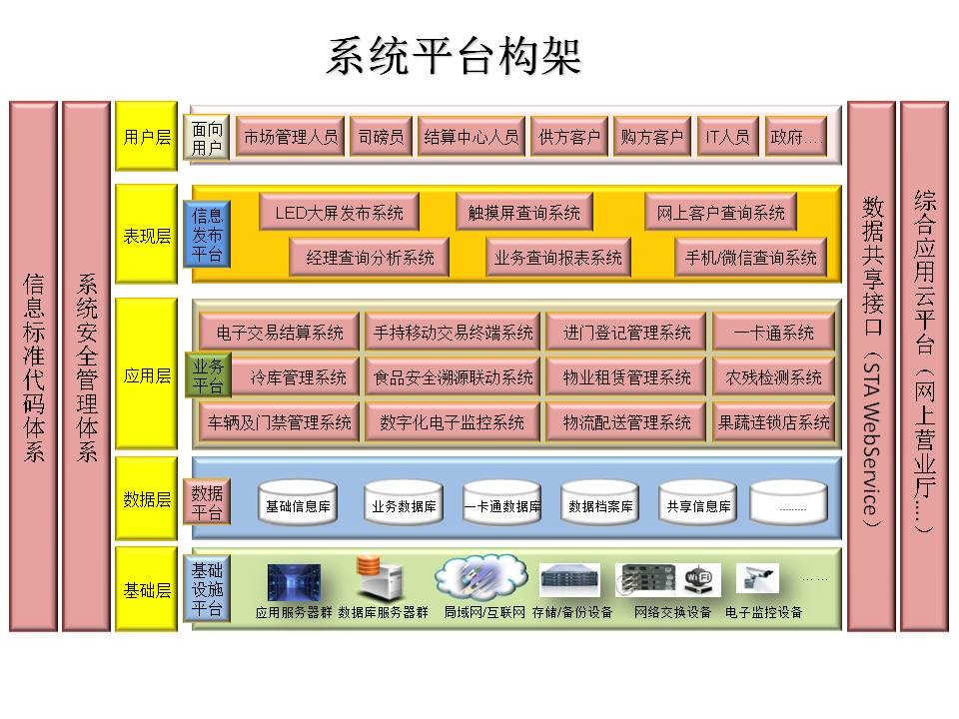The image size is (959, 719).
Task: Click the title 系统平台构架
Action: (x=453, y=57)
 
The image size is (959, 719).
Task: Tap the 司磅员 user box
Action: (x=382, y=137)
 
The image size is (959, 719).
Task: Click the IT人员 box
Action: (x=726, y=137)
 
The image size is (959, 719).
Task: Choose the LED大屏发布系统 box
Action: (x=339, y=212)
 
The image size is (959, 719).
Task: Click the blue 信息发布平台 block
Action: (x=207, y=235)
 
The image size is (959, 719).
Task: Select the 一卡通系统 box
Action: (x=773, y=333)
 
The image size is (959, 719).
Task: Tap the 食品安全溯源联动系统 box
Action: (x=453, y=377)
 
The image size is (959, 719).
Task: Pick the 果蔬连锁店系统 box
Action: (x=773, y=422)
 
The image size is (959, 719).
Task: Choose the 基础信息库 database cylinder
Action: (x=297, y=505)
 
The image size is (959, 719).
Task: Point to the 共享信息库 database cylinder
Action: (x=698, y=505)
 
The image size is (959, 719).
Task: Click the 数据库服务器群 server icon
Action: (x=381, y=579)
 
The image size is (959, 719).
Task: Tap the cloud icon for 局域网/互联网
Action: (x=480, y=576)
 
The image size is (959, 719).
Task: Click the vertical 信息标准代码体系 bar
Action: (x=33, y=366)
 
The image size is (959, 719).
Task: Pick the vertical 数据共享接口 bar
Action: (x=871, y=366)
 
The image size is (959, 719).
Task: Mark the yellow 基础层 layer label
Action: (x=146, y=589)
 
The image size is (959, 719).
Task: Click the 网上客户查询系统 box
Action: (x=720, y=212)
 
